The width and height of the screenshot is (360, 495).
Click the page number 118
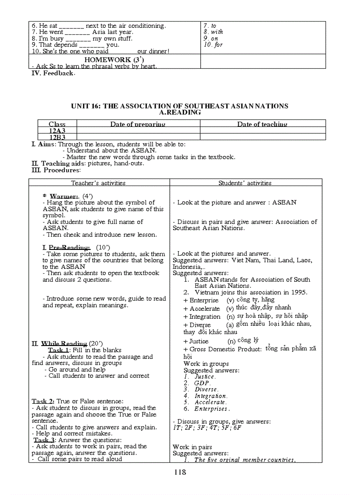[x=180, y=472]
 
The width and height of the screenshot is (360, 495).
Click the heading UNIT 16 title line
[x=180, y=106]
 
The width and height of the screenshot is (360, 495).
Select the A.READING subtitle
[x=180, y=112]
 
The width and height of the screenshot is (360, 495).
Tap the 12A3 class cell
[x=57, y=131]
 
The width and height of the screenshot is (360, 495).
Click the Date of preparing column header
[x=138, y=124]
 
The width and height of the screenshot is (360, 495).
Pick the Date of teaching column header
[x=262, y=124]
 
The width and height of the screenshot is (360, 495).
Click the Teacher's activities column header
[x=98, y=183]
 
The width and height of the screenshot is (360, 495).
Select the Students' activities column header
[x=245, y=183]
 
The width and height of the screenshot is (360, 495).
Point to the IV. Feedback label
[x=53, y=73]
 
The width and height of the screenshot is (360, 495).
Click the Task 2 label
[x=43, y=401]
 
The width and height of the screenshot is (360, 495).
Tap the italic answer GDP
[x=202, y=383]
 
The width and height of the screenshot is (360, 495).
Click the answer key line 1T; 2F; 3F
[x=207, y=428]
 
